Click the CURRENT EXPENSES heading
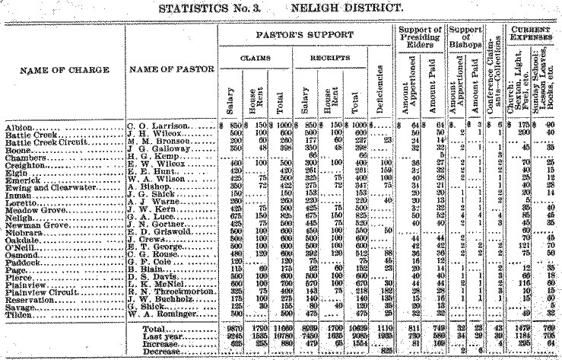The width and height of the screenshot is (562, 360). click(x=529, y=35)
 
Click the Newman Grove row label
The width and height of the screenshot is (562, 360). click(x=33, y=225)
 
